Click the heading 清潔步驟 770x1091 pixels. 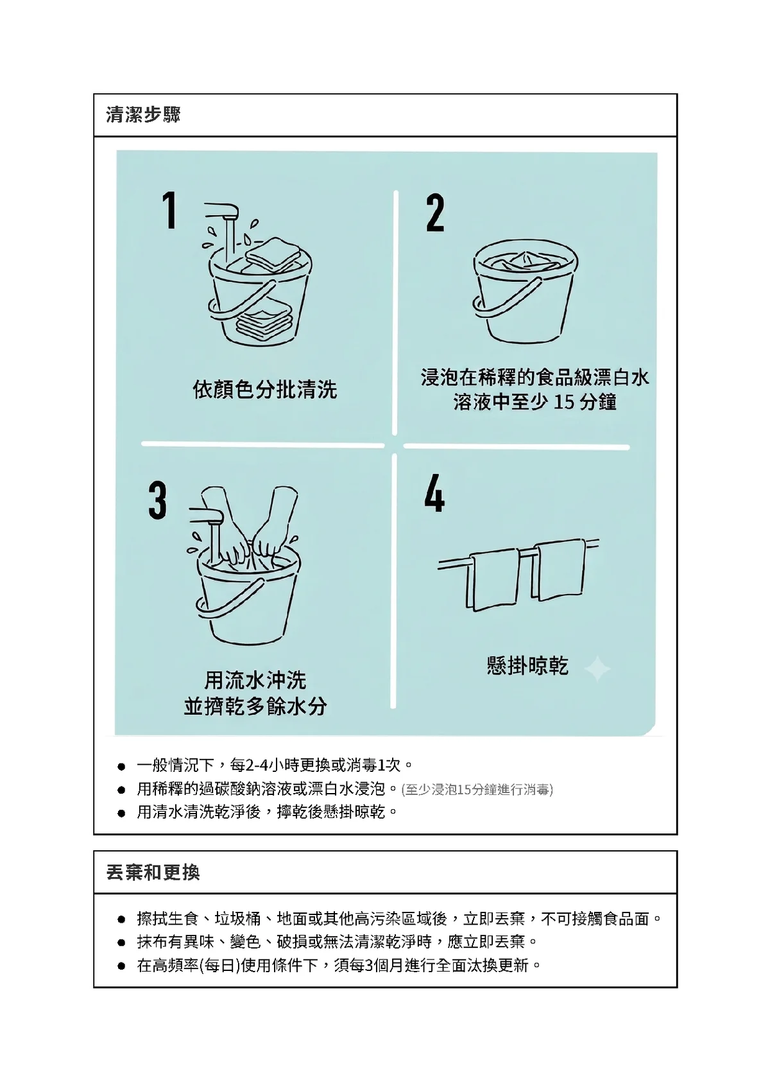[x=143, y=115]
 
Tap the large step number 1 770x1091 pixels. [x=169, y=210]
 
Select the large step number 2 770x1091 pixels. [x=434, y=213]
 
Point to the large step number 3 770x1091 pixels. [x=157, y=500]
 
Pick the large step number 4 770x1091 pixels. [x=434, y=493]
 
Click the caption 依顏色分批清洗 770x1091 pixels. [x=265, y=390]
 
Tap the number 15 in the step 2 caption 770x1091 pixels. [x=563, y=403]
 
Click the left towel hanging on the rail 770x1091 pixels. [x=493, y=580]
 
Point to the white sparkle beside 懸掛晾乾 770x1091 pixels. [x=597, y=668]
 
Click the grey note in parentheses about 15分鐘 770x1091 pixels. [x=477, y=789]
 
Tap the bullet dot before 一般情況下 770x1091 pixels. [x=121, y=767]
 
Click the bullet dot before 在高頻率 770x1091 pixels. [x=121, y=966]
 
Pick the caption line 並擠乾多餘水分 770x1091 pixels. [x=255, y=707]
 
